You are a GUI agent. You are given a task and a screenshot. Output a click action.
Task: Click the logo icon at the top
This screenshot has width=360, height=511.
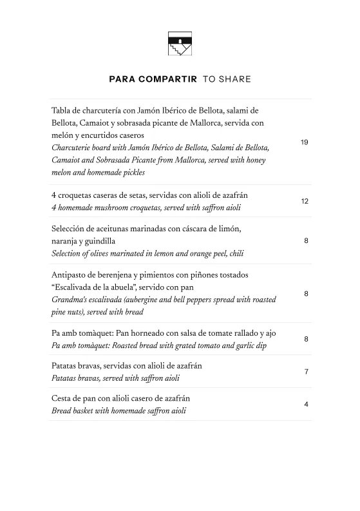click(180, 45)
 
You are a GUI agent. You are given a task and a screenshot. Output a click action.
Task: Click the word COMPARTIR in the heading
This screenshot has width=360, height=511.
click(165, 80)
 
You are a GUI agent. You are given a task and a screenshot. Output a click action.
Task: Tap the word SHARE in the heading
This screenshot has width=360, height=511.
click(235, 80)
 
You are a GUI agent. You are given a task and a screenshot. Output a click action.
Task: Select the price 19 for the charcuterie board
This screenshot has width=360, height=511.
click(305, 142)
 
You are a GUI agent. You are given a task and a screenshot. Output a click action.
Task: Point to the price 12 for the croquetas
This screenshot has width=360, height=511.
click(305, 202)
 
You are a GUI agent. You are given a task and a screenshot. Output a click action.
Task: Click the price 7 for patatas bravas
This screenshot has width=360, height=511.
click(307, 372)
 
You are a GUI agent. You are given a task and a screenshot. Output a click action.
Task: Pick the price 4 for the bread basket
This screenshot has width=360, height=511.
click(307, 405)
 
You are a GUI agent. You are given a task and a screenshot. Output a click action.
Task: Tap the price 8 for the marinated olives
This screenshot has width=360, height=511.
click(307, 241)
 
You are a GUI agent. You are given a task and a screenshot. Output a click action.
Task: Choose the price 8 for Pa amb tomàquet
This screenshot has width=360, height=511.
click(307, 339)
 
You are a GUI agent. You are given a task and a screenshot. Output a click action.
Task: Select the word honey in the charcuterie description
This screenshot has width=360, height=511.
click(252, 160)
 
